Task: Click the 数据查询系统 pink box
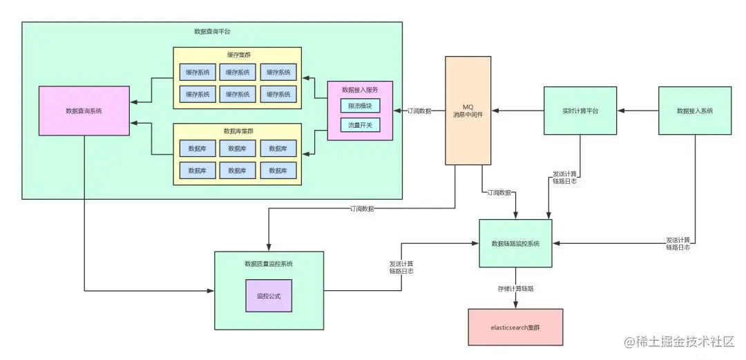[84, 111]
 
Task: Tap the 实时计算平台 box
[580, 111]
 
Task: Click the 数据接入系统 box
[695, 111]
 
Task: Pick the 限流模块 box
[360, 106]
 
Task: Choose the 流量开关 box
[360, 125]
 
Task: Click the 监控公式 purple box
[269, 296]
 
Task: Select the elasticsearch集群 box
[515, 327]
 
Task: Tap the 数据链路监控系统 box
[516, 243]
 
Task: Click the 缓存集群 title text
[237, 55]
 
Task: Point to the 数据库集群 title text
[237, 131]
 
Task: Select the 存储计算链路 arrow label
[515, 288]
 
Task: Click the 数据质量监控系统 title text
[269, 264]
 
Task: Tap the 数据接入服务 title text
[360, 90]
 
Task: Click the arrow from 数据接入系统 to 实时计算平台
[638, 111]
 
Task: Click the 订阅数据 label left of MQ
[419, 111]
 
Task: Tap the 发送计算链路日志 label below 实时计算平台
[565, 177]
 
